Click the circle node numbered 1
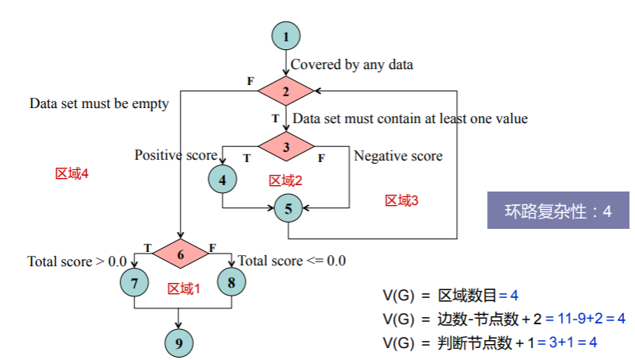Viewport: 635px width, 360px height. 287,36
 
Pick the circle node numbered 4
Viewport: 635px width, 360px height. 223,180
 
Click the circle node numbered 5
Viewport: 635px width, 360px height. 288,209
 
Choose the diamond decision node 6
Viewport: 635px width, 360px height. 180,254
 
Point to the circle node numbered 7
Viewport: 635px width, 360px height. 134,282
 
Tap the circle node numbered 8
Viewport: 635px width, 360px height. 230,282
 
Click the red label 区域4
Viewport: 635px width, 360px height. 71,173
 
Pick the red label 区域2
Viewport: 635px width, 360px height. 285,181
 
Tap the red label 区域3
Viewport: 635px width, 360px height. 401,200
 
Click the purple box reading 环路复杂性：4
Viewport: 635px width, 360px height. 558,211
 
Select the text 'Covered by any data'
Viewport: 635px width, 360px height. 352,64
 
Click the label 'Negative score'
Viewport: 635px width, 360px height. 398,156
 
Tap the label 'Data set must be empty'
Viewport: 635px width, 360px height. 99,103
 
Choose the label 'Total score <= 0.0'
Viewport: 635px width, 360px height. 292,260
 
